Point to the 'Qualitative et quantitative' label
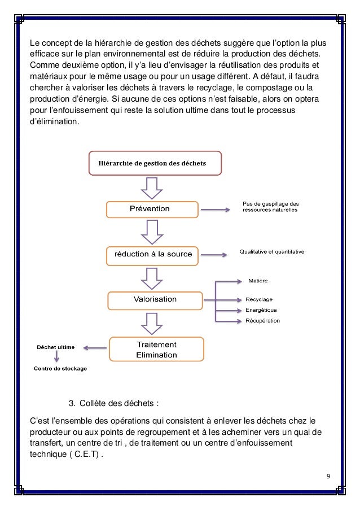[272, 252]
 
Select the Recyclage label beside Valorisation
[259, 299]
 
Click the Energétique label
[261, 310]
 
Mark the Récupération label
[262, 321]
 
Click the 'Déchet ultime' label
[55, 347]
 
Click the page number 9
[328, 475]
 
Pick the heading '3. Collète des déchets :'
[113, 403]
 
